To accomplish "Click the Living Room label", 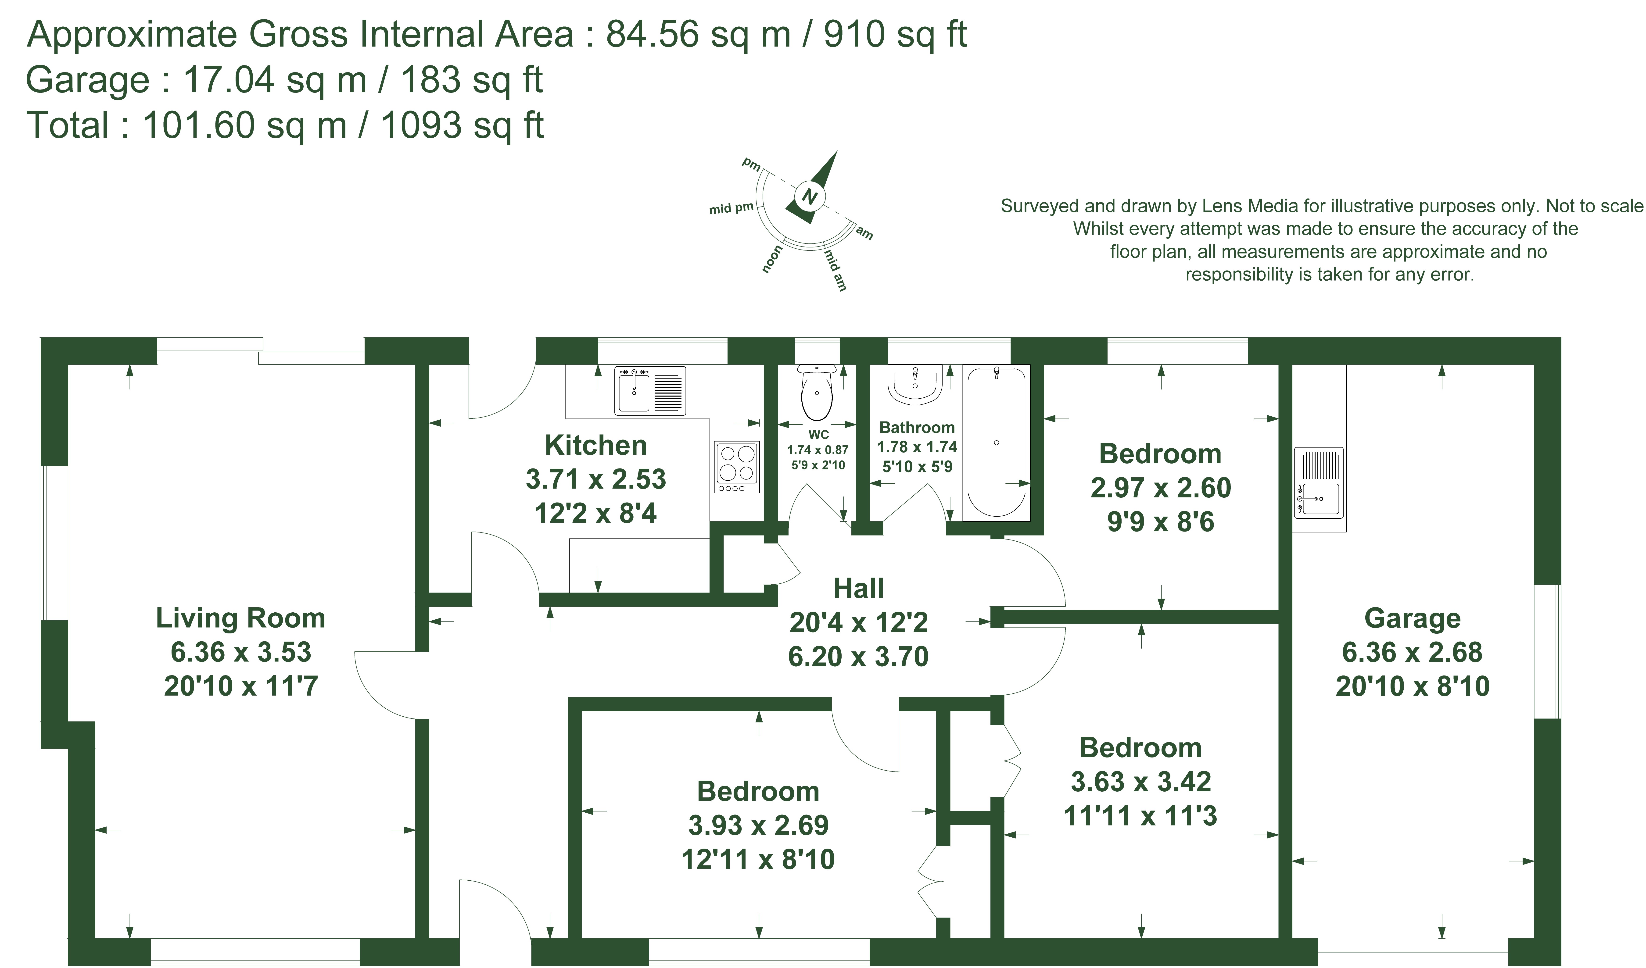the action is (x=240, y=618).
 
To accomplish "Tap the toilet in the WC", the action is (x=817, y=392).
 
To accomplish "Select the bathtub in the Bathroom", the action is (x=996, y=442).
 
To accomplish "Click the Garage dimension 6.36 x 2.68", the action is (x=1412, y=652).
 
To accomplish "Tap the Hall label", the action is (x=858, y=589).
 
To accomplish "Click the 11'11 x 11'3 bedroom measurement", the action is (x=1140, y=816).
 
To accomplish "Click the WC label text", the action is (x=818, y=434).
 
